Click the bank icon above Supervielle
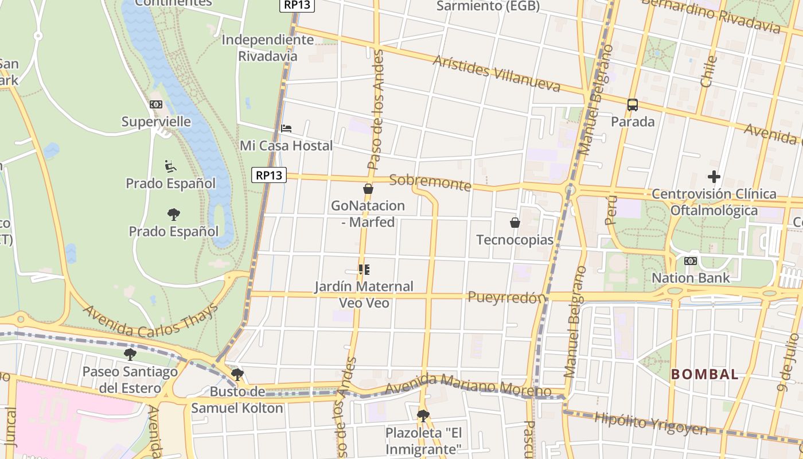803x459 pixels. tap(156, 104)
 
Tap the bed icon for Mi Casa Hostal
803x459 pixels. tap(286, 129)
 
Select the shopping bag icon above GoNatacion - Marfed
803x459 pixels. tap(368, 189)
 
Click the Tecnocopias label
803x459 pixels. tap(514, 240)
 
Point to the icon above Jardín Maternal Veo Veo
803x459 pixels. tap(364, 269)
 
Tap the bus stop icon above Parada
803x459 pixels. tap(633, 105)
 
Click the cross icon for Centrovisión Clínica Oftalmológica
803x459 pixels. tap(714, 177)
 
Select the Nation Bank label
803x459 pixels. tap(691, 278)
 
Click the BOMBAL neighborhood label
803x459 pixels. tap(705, 375)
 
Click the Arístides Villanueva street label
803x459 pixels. tap(496, 73)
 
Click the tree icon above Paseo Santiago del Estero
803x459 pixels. tap(130, 354)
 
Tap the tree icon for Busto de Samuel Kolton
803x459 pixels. tap(237, 375)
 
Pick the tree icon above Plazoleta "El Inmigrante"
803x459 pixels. tap(423, 415)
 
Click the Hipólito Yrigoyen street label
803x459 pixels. tap(651, 423)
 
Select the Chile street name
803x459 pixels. tap(710, 71)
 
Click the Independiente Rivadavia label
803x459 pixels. tap(268, 48)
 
